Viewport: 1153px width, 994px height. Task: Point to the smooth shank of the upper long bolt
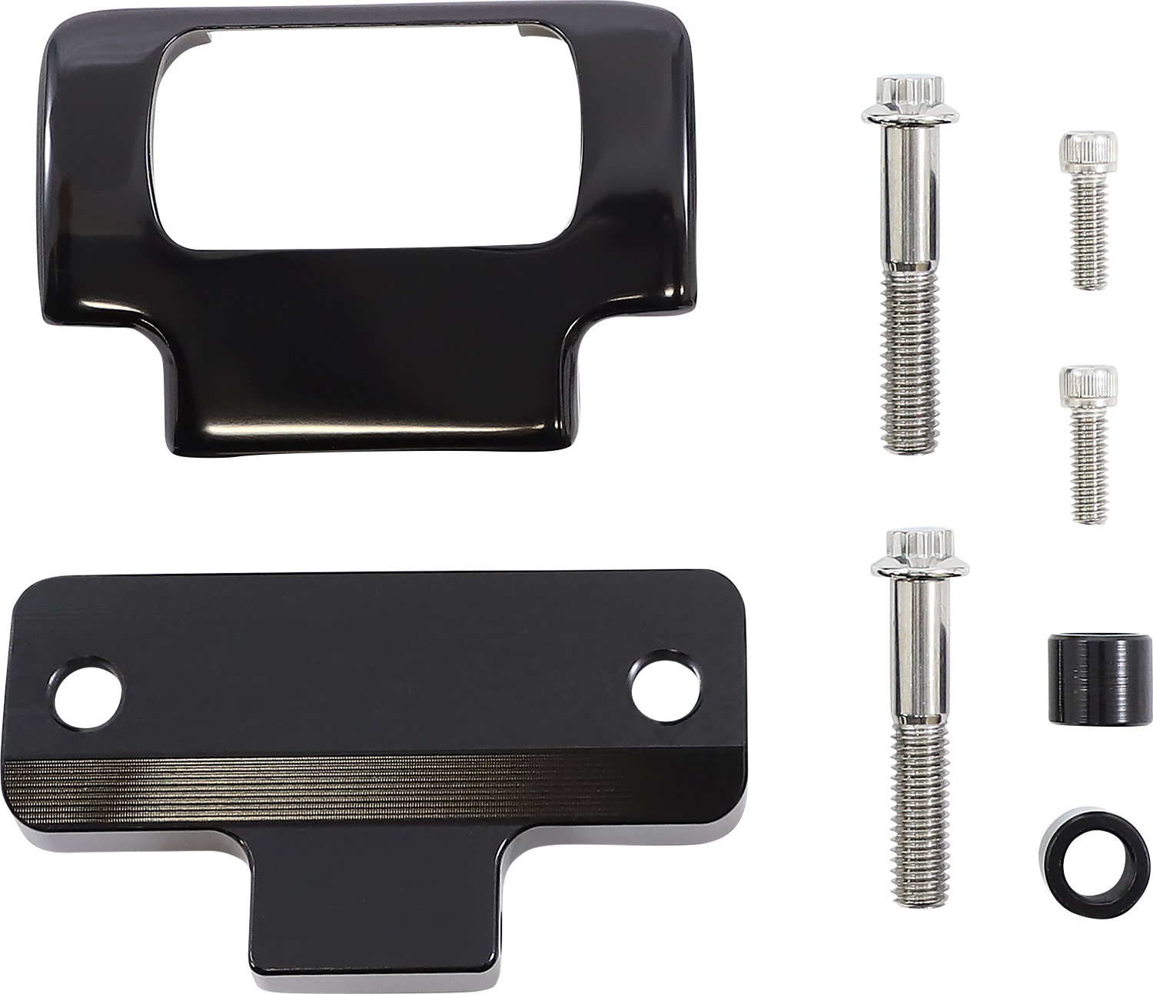point(907,207)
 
